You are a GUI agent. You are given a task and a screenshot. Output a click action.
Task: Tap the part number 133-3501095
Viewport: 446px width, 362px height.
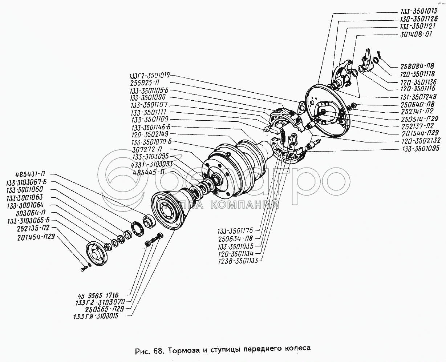tap(420, 149)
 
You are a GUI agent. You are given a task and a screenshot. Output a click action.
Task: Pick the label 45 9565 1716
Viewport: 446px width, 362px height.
tap(98, 295)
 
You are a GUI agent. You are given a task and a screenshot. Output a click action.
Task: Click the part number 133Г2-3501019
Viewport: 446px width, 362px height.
tap(149, 76)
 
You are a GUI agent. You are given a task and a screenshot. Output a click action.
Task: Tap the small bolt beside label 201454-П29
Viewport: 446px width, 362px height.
tap(82, 269)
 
